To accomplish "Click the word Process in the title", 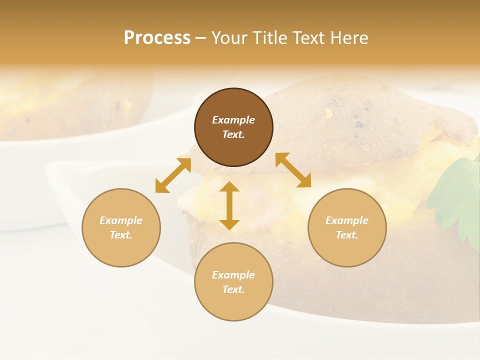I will tap(157, 38).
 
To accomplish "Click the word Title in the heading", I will tap(269, 38).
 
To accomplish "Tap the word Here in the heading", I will tap(348, 38).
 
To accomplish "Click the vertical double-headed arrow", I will tap(229, 205).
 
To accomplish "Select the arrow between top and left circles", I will tap(173, 175).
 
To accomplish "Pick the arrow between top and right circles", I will tap(293, 170).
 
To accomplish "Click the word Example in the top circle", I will tap(233, 120).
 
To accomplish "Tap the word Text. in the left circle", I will tap(121, 235).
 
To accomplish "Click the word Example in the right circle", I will tap(347, 220).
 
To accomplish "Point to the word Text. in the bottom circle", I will tap(233, 289).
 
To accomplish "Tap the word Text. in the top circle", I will tap(233, 134).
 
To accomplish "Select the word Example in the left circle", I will tap(121, 220).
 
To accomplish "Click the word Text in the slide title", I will tap(308, 38).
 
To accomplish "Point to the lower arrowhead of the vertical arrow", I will tap(229, 224).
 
